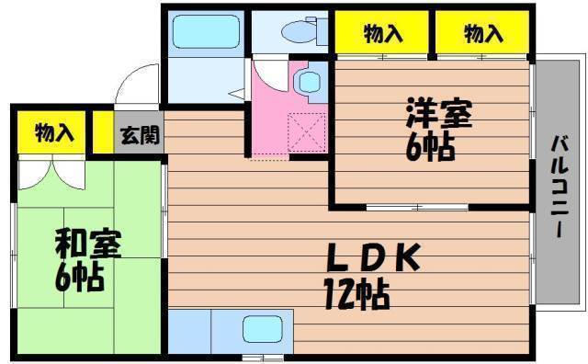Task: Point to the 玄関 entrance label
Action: [x=140, y=134]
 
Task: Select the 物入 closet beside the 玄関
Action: [x=52, y=132]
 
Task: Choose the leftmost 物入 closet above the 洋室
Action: [x=383, y=35]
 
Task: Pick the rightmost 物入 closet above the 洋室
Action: [x=483, y=35]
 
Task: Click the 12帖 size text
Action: [x=356, y=294]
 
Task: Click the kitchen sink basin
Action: [x=263, y=329]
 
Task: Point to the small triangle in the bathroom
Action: [x=236, y=93]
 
